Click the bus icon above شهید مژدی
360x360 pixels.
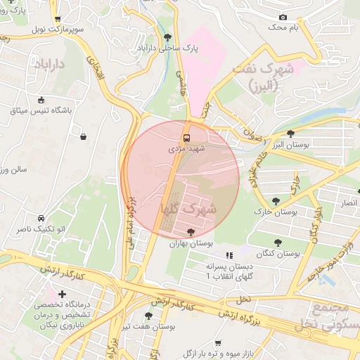pos(187,138)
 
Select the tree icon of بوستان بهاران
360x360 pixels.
pos(191,232)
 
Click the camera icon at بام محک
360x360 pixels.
pos(283,17)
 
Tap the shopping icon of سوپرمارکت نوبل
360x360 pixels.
pos(58,19)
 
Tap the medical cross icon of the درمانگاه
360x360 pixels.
pos(63,293)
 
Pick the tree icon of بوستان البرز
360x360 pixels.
pos(291,134)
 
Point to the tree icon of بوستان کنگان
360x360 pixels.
pos(278,243)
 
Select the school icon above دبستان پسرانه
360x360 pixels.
pos(228,256)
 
